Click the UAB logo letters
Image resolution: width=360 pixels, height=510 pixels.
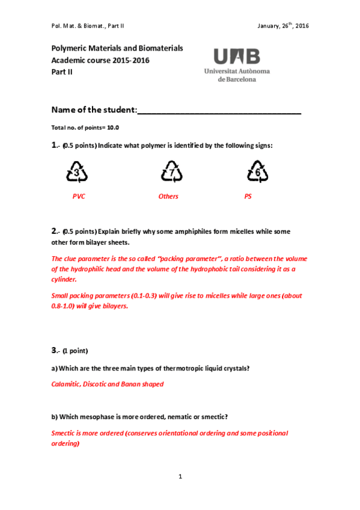237,57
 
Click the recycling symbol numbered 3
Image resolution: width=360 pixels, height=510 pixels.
78,173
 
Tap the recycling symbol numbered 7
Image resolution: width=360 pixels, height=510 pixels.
172,173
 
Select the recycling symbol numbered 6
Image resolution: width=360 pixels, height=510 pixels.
258,173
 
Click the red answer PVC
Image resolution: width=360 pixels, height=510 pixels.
79,197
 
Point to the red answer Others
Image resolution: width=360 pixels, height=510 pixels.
168,197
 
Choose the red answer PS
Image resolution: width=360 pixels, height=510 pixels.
248,197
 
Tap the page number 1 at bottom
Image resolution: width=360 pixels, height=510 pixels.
180,476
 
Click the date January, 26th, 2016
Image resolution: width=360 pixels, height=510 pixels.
282,26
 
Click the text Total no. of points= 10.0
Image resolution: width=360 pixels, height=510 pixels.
85,127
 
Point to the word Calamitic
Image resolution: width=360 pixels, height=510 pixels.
66,384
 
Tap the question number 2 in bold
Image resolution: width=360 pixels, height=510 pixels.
55,231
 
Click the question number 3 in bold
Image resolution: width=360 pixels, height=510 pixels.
55,349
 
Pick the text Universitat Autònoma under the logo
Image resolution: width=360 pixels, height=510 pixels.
237,71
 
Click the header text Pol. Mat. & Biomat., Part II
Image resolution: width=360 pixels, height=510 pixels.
88,26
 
